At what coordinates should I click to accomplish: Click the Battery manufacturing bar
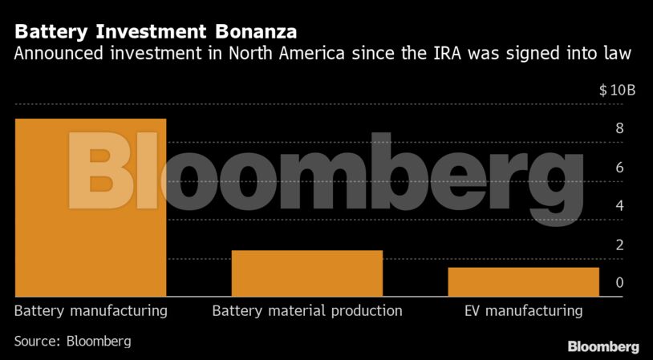pos(90,208)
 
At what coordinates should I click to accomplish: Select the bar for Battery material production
pos(306,273)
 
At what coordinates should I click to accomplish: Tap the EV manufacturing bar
pos(523,282)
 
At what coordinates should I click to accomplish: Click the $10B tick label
pos(617,91)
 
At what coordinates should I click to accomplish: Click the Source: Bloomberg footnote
pos(72,341)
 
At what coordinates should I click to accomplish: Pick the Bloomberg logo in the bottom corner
pos(603,346)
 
